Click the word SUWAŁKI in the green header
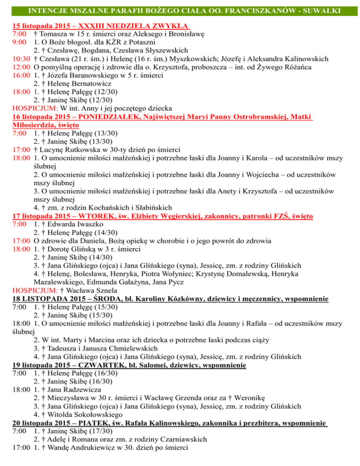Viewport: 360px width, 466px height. click(x=328, y=9)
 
